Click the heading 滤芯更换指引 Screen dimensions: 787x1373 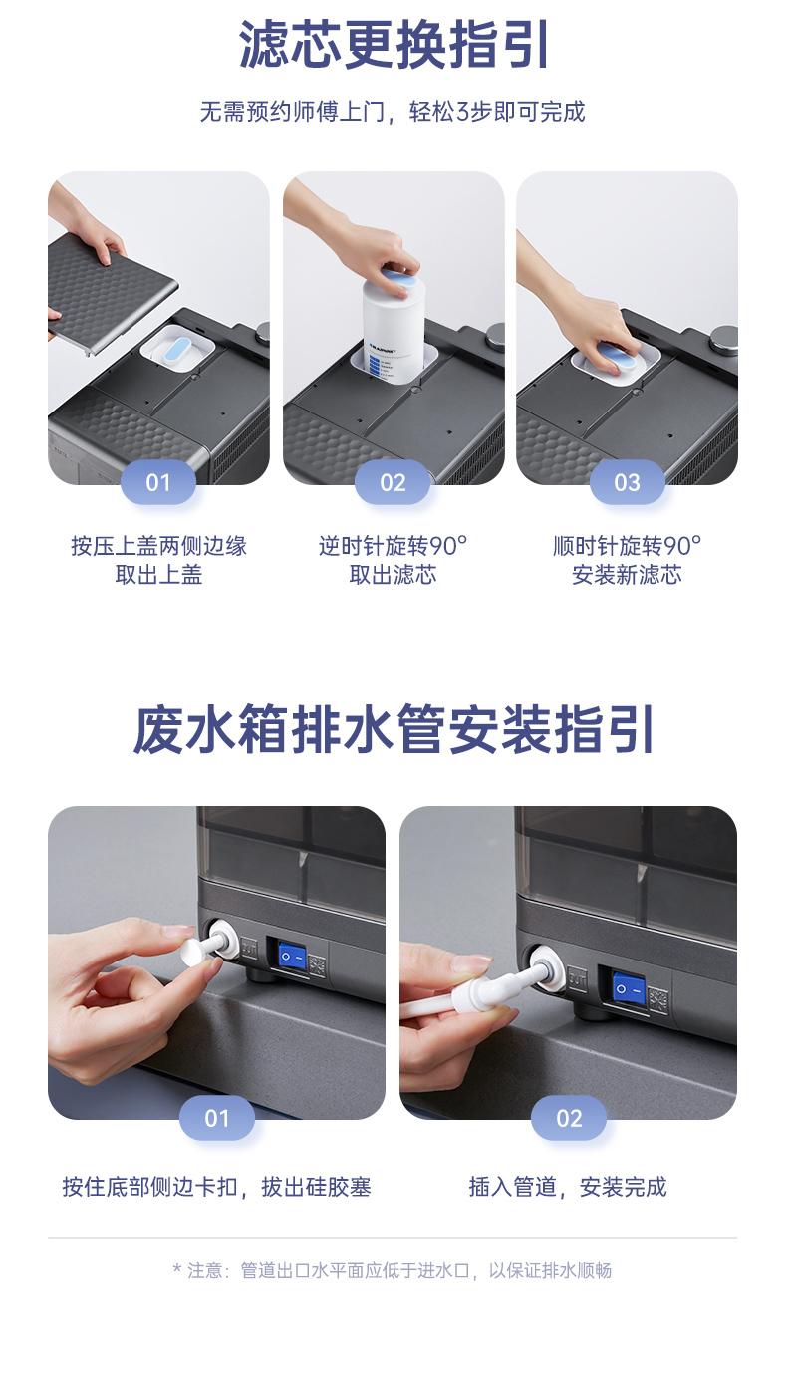(393, 45)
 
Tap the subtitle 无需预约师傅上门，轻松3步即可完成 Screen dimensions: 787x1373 (393, 112)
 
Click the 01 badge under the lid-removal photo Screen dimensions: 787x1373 (158, 482)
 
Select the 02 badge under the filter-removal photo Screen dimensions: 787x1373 (393, 482)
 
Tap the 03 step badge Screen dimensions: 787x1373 (627, 482)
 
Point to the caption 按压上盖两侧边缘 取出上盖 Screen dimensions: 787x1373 (158, 560)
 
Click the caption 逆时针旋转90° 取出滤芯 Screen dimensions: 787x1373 (393, 560)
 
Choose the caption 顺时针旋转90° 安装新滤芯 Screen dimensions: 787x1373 (627, 560)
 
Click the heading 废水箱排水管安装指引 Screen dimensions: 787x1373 (393, 729)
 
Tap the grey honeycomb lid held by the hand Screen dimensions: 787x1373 (111, 288)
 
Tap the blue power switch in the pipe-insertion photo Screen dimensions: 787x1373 (629, 987)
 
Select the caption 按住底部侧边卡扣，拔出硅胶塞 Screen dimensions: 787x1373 (217, 1187)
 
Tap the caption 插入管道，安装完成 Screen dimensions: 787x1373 (568, 1187)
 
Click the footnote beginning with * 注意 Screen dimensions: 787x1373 (393, 1270)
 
